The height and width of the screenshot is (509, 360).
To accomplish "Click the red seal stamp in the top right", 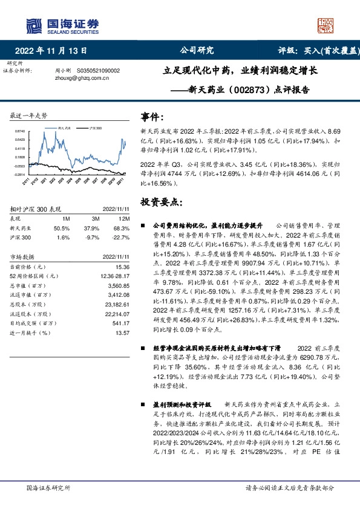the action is point(326,25).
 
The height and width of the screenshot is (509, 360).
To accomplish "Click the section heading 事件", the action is point(152,117).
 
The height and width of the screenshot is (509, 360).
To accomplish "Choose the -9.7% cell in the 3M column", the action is point(91,237).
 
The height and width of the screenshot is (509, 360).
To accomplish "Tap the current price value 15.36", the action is point(122,267).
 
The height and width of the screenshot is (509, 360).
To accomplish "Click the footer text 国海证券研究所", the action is point(48,487).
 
